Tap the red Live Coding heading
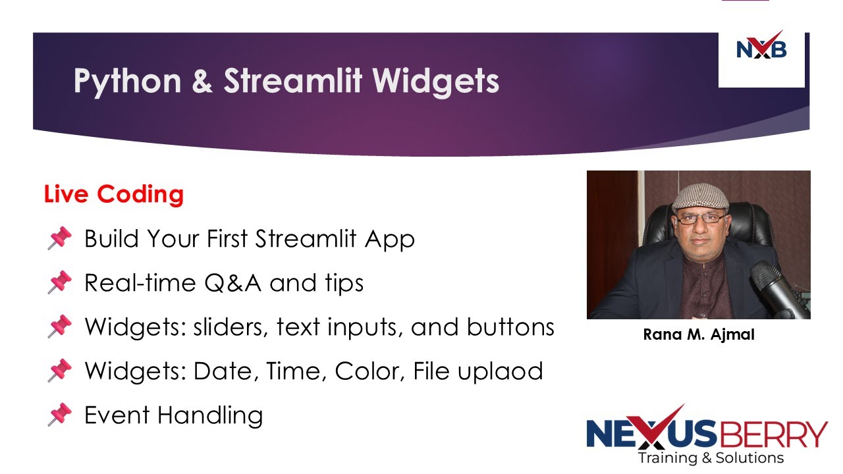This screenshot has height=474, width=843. click(x=113, y=194)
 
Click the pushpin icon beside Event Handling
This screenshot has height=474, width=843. click(x=59, y=415)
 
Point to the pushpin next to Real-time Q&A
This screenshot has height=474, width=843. click(x=59, y=283)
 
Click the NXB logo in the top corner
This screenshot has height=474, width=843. click(x=761, y=49)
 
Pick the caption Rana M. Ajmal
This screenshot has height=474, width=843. click(x=699, y=334)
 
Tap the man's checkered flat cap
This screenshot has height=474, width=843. click(x=699, y=196)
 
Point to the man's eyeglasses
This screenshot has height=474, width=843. click(x=701, y=218)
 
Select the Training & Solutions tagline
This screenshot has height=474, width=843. click(x=711, y=458)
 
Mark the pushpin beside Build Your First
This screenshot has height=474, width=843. click(x=59, y=239)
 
